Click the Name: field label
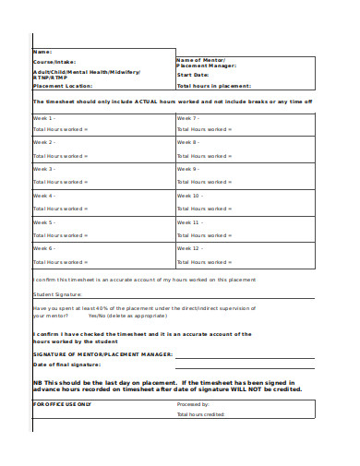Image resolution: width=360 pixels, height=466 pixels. [42, 52]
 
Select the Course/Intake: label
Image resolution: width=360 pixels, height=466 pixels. [54, 62]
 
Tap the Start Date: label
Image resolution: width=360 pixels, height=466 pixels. [193, 76]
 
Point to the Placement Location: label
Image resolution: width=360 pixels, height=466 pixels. [63, 85]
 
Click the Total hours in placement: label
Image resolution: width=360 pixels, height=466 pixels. [215, 85]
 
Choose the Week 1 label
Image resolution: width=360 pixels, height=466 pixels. [45, 119]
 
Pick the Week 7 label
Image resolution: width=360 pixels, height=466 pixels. [188, 119]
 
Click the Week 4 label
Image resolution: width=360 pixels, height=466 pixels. [45, 196]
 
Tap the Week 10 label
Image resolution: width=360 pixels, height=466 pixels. [189, 196]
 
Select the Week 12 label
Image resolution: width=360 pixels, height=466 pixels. [189, 248]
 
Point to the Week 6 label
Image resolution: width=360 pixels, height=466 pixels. [45, 248]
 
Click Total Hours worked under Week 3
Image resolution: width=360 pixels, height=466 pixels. [61, 182]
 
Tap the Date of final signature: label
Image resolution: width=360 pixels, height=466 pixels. [67, 364]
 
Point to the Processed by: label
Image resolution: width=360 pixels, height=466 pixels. [193, 404]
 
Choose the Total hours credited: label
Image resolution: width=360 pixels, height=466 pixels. [201, 415]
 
